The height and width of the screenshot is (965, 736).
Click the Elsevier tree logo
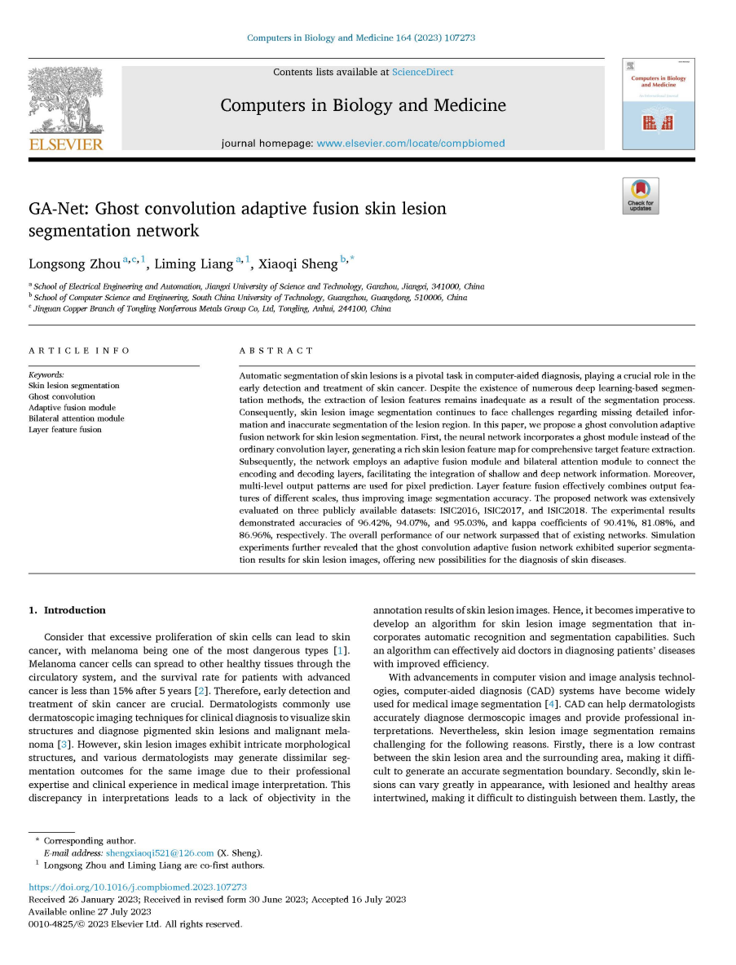tap(66, 101)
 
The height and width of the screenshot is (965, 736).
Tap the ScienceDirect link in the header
tap(422, 72)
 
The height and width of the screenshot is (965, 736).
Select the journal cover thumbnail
tap(658, 104)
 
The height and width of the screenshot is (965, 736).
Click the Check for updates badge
tap(640, 196)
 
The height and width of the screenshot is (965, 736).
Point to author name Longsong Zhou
tap(74, 263)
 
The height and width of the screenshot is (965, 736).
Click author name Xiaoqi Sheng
tap(298, 263)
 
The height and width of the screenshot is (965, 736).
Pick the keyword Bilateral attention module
tap(76, 418)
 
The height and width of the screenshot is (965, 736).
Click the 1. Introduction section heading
tap(67, 610)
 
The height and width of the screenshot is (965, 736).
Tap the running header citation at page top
tap(360, 38)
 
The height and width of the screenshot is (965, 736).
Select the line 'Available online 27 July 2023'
tap(90, 912)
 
